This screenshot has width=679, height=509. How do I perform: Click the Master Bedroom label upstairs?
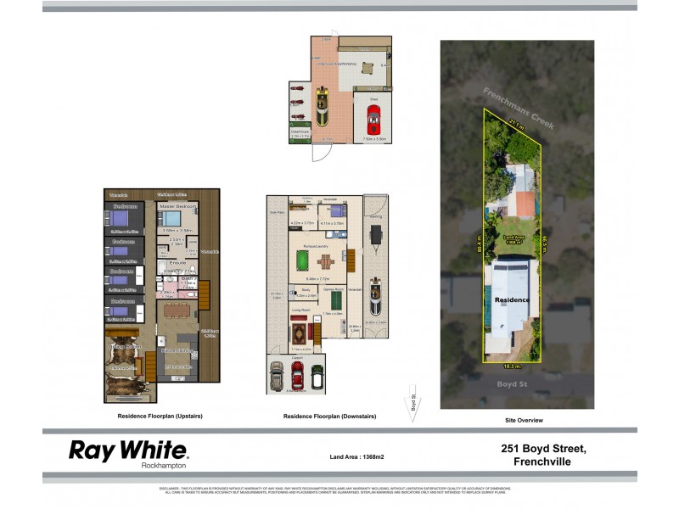click(x=177, y=206)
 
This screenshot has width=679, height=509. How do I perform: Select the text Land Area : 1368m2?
click(x=356, y=457)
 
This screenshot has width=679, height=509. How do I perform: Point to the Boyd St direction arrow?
click(x=414, y=403)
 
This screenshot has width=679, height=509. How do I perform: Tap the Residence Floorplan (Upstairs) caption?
click(x=160, y=417)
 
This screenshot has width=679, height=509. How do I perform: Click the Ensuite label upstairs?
click(x=177, y=264)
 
